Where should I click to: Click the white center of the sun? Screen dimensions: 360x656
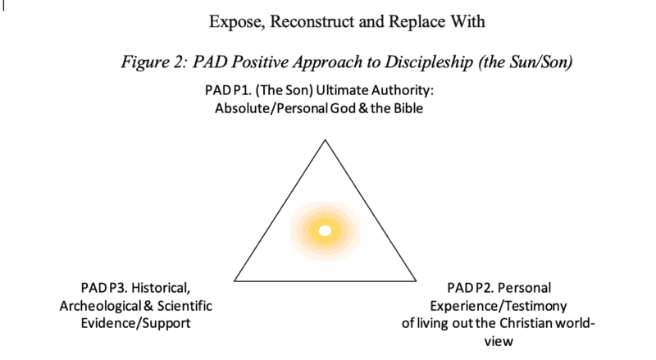click(x=325, y=230)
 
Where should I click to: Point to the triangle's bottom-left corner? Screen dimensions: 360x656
click(x=235, y=280)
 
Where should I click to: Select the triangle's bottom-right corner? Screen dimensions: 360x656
click(x=415, y=280)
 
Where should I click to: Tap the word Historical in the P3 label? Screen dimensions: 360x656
click(x=158, y=288)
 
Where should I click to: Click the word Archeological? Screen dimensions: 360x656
click(x=94, y=306)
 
